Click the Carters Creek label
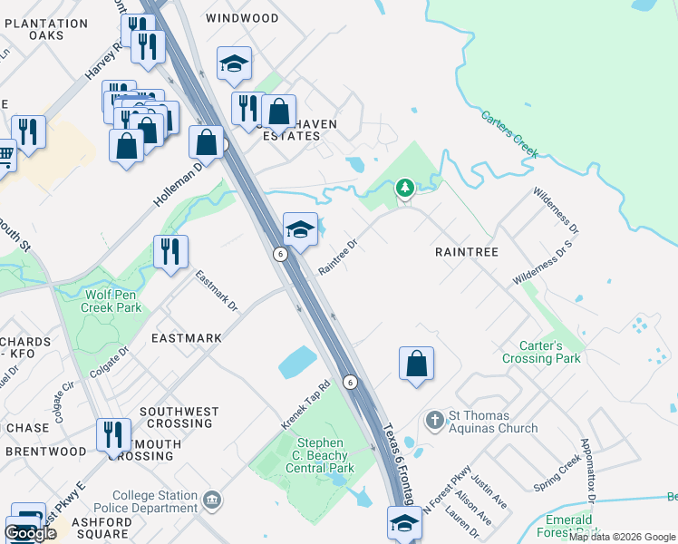509,134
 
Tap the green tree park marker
405,188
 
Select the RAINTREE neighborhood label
467,251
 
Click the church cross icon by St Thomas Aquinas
434,421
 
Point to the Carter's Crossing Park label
541,352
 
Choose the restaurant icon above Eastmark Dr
170,251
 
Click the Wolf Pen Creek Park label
112,301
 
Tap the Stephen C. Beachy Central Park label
321,456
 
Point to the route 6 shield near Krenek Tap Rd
350,382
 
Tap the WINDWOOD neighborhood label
242,18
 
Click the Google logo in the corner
30,533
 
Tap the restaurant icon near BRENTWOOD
113,434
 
